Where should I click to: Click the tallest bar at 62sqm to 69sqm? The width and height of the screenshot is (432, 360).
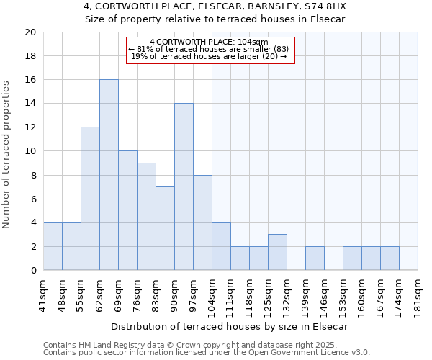point(109,175)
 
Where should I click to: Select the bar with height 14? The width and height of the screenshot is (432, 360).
point(184,186)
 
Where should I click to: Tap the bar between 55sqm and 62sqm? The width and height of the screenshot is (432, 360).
point(90,199)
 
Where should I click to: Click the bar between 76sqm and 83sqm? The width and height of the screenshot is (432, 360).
point(146,217)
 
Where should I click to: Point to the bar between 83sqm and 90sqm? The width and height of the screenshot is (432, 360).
point(165,228)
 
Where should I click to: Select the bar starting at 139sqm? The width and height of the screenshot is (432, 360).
point(315,258)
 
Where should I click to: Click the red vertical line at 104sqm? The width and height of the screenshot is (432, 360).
point(212,166)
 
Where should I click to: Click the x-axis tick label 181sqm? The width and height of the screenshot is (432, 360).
point(418,296)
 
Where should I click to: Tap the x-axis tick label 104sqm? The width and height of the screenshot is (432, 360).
point(212,296)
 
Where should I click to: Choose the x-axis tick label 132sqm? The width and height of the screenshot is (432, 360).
point(287,296)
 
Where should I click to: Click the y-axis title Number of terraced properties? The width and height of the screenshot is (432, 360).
point(7,155)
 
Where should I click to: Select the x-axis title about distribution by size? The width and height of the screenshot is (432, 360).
point(230,326)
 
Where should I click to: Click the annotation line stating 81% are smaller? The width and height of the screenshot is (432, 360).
point(210,49)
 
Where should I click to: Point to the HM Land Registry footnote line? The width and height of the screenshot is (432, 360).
point(190,345)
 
